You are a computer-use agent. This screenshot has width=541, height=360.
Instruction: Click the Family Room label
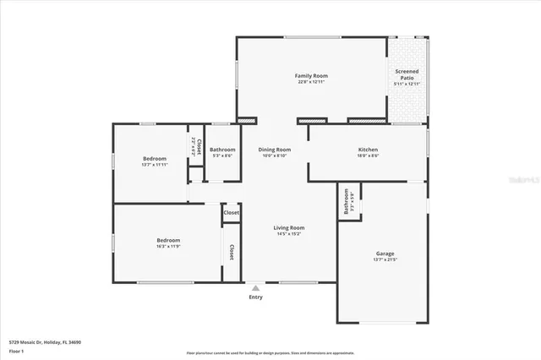pos(311,76)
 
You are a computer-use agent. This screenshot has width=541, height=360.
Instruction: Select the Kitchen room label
pos(368,150)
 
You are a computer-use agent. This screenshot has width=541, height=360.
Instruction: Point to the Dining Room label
pos(275,150)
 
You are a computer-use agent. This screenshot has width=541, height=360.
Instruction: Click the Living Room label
pos(288,227)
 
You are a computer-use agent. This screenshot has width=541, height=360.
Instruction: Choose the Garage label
pos(385,254)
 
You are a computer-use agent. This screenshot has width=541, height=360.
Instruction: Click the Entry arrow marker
pos(255,288)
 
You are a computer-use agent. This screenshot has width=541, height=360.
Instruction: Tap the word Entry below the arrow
pos(255,297)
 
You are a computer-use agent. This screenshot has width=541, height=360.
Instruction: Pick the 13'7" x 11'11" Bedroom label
pos(154,159)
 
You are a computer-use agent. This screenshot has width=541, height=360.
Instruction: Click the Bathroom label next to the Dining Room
pos(222,150)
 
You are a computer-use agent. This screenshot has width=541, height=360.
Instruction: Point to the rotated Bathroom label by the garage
pos(347,201)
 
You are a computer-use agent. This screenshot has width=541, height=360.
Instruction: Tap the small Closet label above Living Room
pos(231,213)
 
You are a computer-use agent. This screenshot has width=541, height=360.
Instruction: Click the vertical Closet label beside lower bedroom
pos(231,252)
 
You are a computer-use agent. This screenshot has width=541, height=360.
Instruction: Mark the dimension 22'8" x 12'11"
pos(311,83)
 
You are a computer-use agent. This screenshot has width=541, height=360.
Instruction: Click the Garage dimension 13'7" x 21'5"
pos(385,260)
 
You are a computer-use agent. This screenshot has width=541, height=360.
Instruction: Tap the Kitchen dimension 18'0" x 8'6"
pos(368,155)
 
